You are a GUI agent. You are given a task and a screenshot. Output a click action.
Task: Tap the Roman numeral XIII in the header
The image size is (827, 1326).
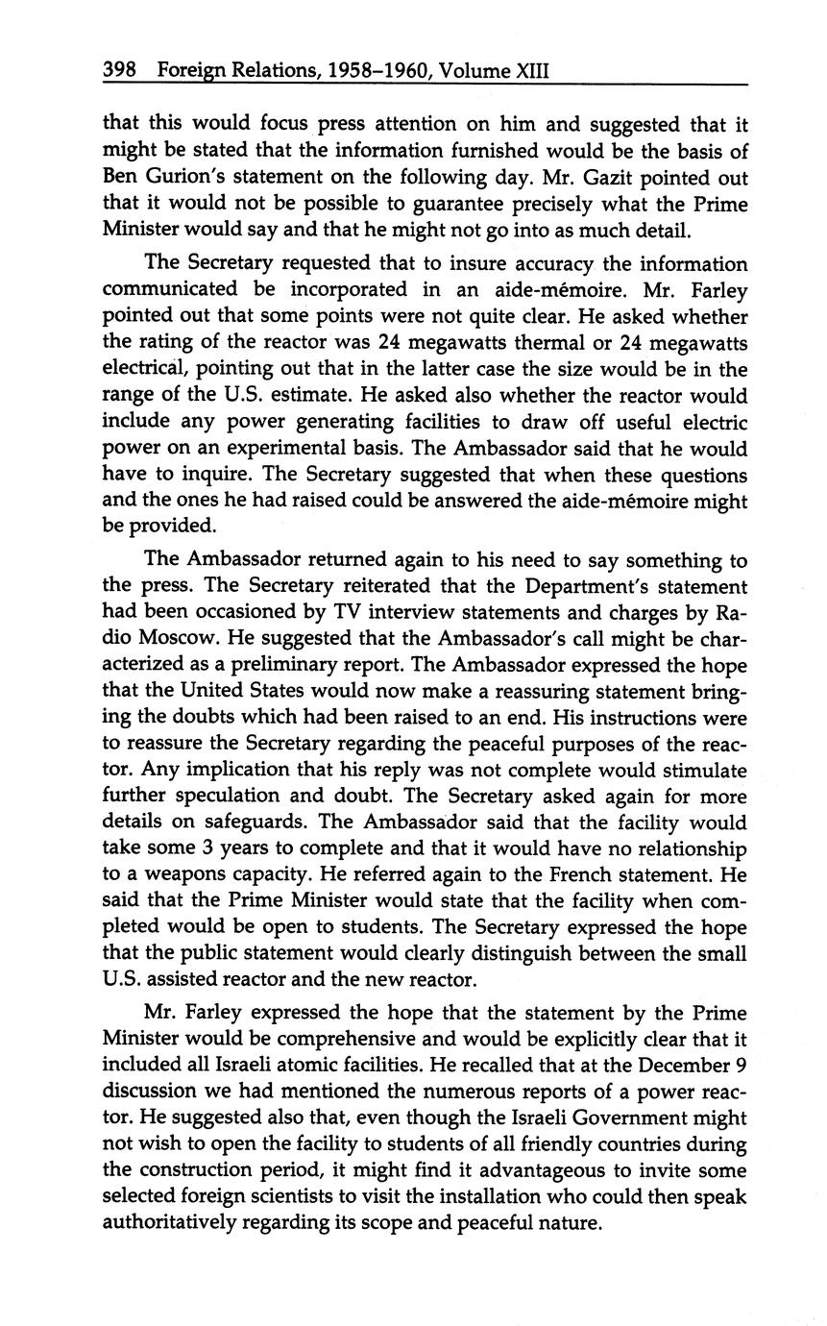[x=523, y=70]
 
